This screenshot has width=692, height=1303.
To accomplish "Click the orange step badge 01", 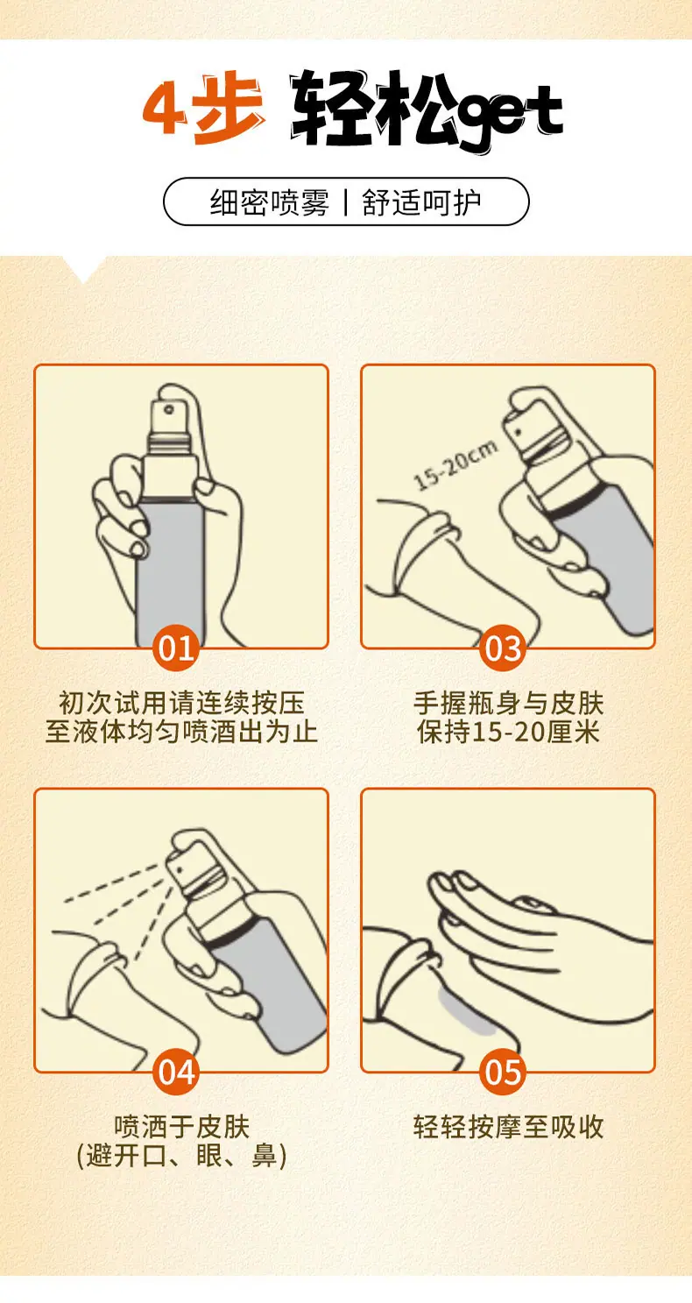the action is [175, 648].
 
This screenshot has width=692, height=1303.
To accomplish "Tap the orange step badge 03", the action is [503, 648].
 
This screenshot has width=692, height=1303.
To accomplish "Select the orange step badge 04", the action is [175, 1072].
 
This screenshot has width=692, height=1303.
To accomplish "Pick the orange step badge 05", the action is [503, 1072].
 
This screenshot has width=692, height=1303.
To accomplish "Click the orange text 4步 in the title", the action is [203, 108].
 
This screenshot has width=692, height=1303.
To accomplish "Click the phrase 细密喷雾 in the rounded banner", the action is [269, 202].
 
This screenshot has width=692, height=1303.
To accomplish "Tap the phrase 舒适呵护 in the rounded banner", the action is [421, 202].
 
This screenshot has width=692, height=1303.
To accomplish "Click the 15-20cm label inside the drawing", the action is [455, 464].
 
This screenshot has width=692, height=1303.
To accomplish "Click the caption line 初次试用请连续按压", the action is [181, 704].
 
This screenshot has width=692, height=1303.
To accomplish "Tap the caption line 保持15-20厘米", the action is [508, 732].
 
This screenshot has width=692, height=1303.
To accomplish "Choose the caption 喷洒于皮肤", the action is [181, 1127].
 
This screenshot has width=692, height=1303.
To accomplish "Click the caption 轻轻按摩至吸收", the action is [508, 1127].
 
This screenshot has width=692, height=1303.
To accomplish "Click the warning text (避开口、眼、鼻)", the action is [181, 1155].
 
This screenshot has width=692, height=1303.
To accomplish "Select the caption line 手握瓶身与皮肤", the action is [508, 704].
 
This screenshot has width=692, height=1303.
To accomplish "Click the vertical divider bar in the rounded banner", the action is [346, 202].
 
